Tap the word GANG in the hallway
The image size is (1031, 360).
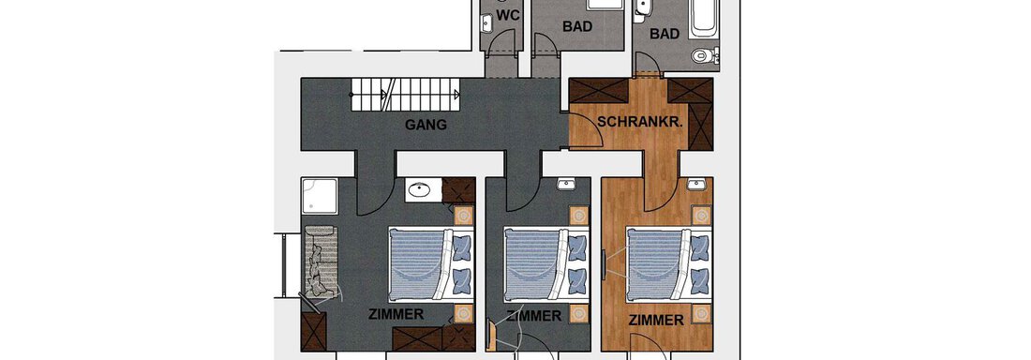[426, 125]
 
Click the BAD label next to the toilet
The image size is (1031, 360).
[665, 34]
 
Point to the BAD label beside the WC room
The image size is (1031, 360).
[577, 27]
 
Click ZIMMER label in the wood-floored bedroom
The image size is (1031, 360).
[655, 321]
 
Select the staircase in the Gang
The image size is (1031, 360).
[406, 93]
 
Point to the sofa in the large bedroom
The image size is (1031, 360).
[318, 263]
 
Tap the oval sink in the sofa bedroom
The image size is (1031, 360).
[420, 190]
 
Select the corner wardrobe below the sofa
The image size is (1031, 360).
[312, 331]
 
